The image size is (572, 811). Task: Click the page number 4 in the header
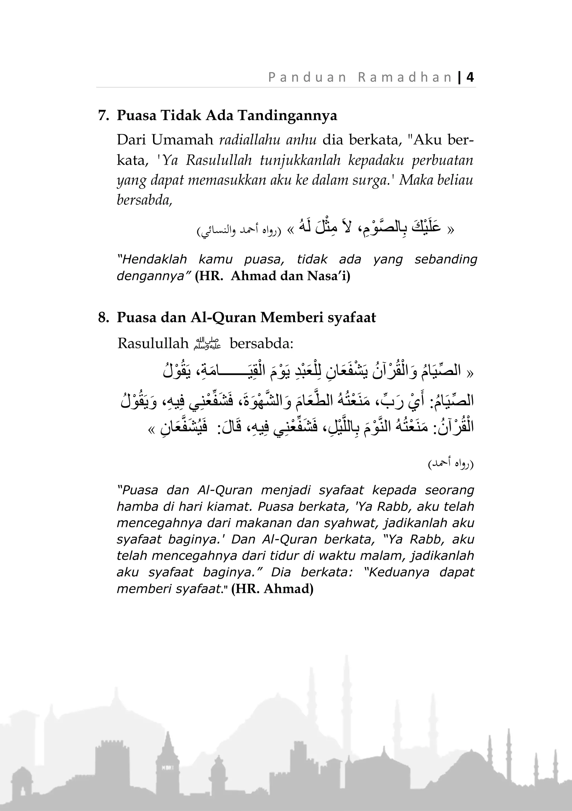tap(470, 77)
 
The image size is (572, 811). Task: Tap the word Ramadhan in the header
tap(405, 77)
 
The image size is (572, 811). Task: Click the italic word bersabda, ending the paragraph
tap(144, 200)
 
